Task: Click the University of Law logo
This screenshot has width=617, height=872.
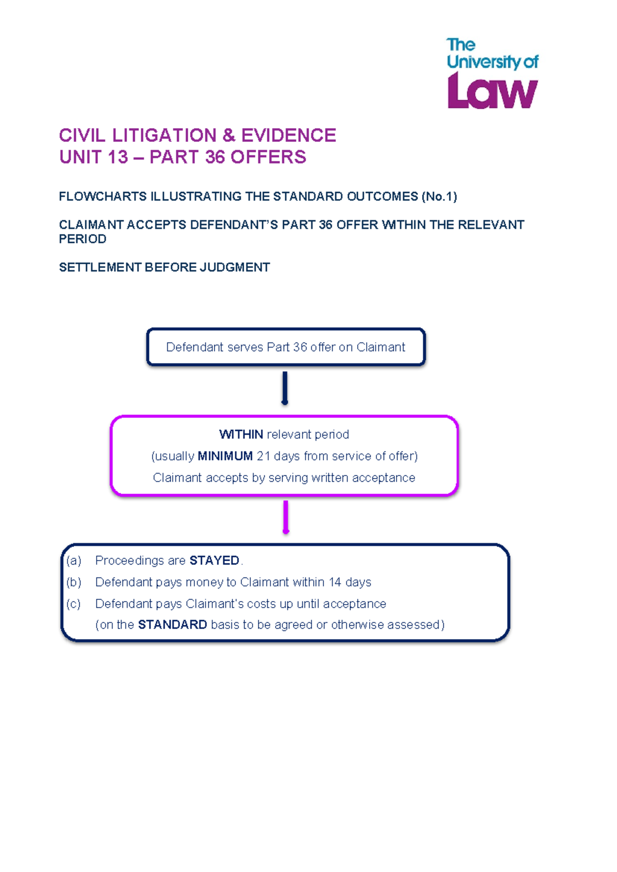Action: tap(492, 74)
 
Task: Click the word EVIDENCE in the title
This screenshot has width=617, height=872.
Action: tap(288, 135)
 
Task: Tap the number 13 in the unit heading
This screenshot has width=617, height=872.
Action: tap(118, 157)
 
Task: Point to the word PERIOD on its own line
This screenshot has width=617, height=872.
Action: tap(83, 239)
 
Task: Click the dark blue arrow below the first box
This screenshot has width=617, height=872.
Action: tap(285, 388)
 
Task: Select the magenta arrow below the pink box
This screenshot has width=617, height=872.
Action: tap(286, 517)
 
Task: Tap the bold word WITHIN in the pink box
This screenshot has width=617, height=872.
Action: tap(241, 434)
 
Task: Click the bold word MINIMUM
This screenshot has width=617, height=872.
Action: tap(225, 456)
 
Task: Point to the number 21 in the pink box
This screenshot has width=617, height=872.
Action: tap(263, 456)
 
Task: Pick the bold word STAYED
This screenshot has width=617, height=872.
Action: tap(214, 560)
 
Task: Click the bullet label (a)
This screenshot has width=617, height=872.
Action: tap(74, 560)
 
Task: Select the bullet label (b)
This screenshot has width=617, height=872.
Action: tap(74, 582)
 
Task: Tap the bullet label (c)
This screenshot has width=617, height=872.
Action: tap(74, 604)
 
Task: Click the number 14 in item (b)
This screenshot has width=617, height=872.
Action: tap(335, 582)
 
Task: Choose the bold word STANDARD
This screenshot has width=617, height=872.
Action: tap(173, 625)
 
